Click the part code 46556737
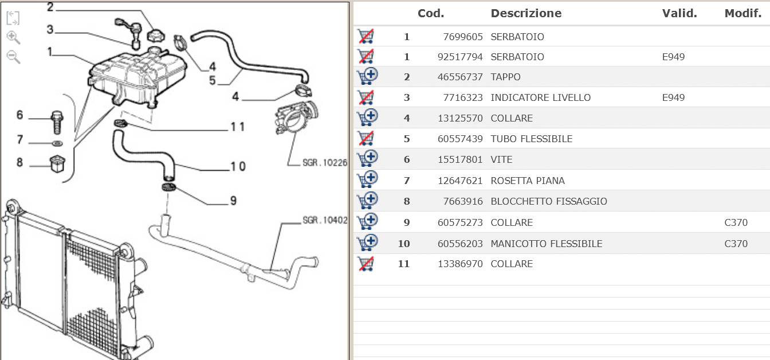point(463,77)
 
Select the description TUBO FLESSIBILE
point(531,139)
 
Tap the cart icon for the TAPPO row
point(366,77)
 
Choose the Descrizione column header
point(526,13)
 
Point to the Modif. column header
point(742,13)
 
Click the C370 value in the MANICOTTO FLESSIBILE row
point(736,244)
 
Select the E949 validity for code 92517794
point(673,57)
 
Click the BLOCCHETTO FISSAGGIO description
point(548,201)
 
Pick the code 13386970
point(463,264)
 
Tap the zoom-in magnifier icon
point(13,38)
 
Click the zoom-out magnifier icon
point(13,57)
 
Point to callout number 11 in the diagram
point(238,126)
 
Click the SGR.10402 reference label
point(325,220)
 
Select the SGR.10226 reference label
point(325,162)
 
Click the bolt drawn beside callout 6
point(57,119)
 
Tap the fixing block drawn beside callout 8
point(56,163)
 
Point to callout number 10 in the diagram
point(238,166)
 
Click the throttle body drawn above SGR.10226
point(296,121)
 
